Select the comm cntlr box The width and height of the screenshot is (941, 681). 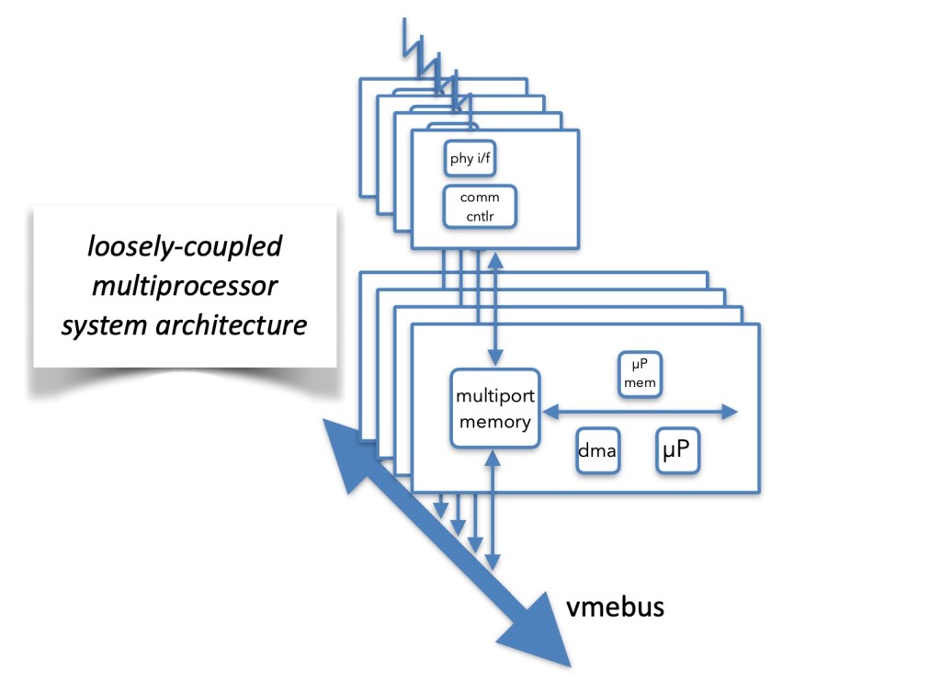[x=480, y=207]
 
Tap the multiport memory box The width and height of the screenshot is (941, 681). [x=493, y=409]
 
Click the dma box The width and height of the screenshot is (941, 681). [x=596, y=451]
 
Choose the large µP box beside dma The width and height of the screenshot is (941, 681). [x=676, y=450]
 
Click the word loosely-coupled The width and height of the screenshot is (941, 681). [x=184, y=247]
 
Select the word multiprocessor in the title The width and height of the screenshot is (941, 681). [x=184, y=286]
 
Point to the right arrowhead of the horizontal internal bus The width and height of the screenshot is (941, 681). [x=730, y=413]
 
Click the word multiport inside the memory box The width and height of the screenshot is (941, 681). [x=493, y=397]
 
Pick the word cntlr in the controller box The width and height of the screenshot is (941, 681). [x=480, y=216]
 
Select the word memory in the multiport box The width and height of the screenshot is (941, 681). [x=493, y=422]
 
